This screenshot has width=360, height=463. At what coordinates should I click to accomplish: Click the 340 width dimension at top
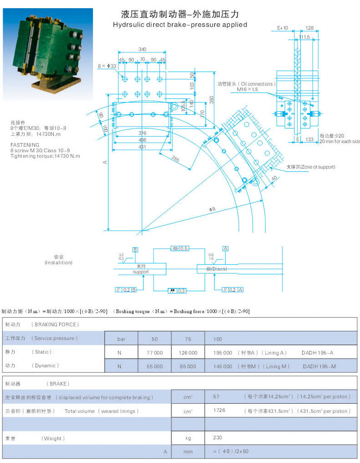pos(142,49)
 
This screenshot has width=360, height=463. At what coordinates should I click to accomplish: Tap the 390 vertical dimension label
pos(211,99)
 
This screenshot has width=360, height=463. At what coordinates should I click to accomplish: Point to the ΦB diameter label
pos(212,209)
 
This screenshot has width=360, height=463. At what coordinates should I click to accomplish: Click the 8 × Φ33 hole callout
pos(107,67)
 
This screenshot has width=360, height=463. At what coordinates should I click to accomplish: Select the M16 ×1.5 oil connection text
pos(247,90)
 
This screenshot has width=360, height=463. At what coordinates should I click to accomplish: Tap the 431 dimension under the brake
pos(143,147)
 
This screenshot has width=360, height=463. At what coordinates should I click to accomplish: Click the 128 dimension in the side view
pos(309,28)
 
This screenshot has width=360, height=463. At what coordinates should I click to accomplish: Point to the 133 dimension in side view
pos(310,139)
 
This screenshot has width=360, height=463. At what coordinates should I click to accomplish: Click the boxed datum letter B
pos(135,250)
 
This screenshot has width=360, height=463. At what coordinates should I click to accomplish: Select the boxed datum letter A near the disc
pos(225,248)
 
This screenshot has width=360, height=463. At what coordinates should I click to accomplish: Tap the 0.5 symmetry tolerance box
pos(180,248)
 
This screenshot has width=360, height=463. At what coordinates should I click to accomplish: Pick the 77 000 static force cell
pos(154,352)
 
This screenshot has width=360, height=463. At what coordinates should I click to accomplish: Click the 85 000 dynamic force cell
pos(188,366)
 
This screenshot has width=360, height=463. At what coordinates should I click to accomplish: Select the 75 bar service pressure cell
pos(188,339)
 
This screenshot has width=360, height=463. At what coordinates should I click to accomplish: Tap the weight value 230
pos(217,437)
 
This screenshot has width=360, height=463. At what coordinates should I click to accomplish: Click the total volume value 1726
pos(219,411)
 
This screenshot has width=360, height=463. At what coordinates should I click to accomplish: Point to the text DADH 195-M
pos(319,366)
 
